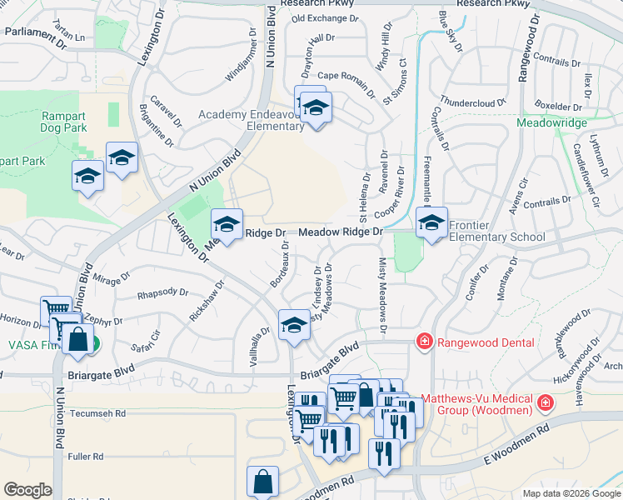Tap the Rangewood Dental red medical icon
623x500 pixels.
click(x=424, y=341)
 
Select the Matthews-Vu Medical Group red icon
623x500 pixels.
click(x=546, y=403)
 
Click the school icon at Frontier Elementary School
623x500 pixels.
click(x=431, y=222)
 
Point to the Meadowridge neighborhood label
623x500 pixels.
click(x=551, y=122)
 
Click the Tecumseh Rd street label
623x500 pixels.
click(x=97, y=413)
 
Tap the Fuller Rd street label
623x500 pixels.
click(x=86, y=457)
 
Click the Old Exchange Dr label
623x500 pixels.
click(x=325, y=17)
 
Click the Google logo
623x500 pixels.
click(x=28, y=490)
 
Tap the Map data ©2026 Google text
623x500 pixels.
click(x=571, y=493)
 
